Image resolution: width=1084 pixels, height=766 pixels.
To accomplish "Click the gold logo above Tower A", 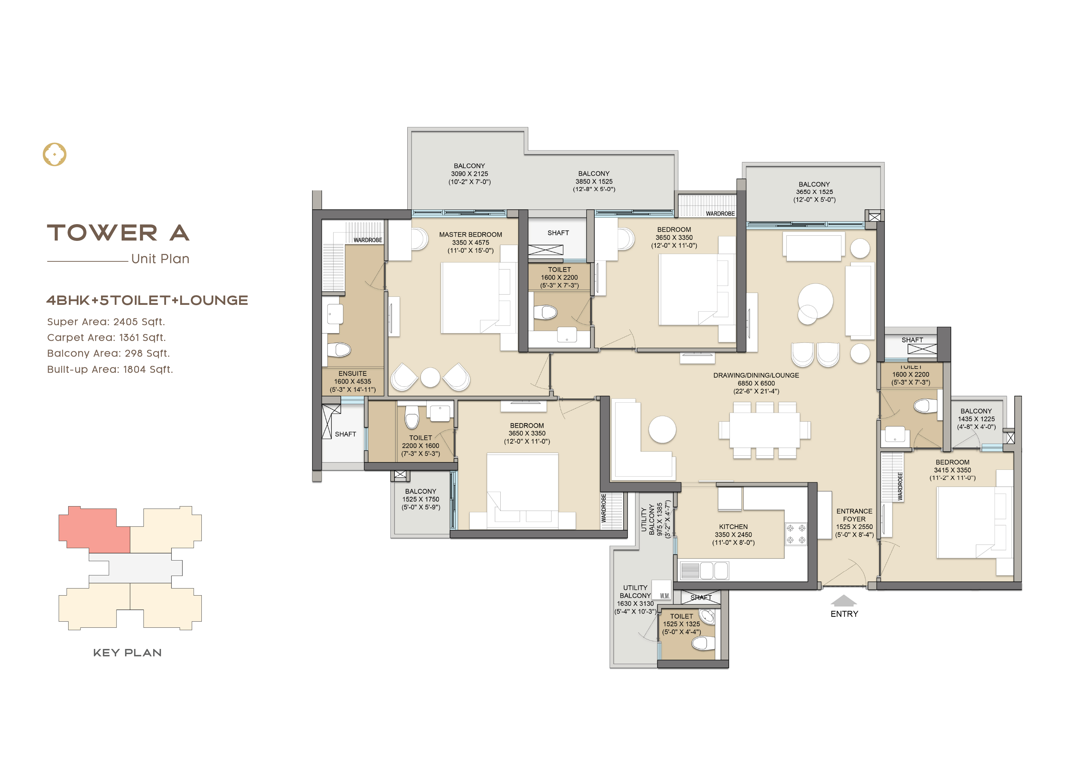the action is [54, 154].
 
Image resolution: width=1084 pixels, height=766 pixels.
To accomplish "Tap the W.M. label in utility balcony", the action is [665, 596].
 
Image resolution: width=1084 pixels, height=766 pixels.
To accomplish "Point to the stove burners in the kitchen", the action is [796, 534].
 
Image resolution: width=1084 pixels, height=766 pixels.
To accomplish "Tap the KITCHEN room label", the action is [733, 527].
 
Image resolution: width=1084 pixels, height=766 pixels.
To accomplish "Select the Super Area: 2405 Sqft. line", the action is [106, 322].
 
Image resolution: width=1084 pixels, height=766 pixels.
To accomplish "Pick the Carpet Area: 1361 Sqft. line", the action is [106, 337].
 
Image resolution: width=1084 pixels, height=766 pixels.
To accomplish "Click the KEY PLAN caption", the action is [127, 653].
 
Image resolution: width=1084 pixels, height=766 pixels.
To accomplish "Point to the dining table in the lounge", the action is [764, 430].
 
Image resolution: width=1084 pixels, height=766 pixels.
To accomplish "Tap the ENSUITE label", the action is [352, 373].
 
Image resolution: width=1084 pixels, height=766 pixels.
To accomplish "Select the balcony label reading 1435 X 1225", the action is [976, 419].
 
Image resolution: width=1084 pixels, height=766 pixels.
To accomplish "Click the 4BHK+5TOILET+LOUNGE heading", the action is [147, 300].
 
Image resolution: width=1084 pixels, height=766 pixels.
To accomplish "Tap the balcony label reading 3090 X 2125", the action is [469, 174].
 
